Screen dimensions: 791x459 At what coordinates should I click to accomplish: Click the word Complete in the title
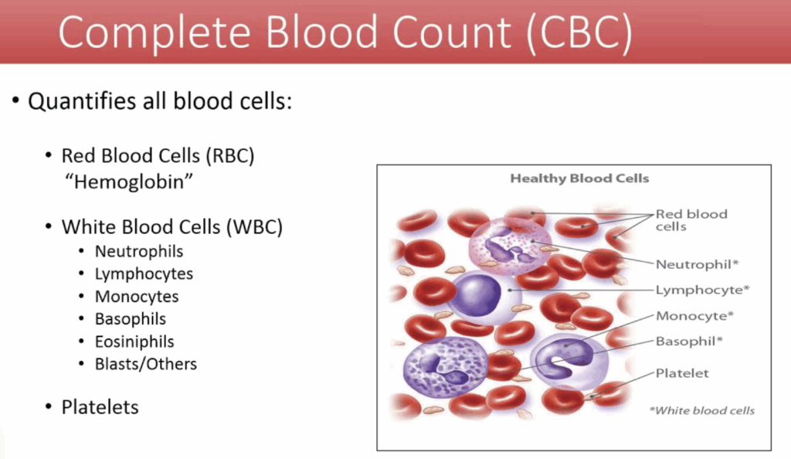point(154,32)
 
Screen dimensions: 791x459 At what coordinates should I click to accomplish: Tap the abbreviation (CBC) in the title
point(579,32)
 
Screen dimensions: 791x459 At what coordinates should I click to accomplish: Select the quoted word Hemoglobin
point(129,182)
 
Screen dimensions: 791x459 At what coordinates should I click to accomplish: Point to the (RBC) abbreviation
point(229,156)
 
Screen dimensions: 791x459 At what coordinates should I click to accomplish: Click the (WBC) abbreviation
point(254,227)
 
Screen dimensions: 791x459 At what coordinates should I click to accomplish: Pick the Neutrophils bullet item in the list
point(139,251)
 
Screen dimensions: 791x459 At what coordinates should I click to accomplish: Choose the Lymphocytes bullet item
point(144,274)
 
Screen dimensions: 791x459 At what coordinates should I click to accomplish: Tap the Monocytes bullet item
point(137,297)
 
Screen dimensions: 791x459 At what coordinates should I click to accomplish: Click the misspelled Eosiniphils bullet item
point(134,342)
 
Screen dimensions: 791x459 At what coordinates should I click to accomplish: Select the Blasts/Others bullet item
point(146,364)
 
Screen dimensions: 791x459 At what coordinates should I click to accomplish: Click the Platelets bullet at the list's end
point(100,407)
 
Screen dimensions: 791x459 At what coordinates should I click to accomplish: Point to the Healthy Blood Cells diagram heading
point(579,178)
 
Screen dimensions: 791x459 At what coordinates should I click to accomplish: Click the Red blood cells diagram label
point(691,220)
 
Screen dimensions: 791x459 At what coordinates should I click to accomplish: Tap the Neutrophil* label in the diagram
point(697,264)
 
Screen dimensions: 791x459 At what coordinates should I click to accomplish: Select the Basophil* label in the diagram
point(689,342)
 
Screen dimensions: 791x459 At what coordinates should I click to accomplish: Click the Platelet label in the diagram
point(682,373)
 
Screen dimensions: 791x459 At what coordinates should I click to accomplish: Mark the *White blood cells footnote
point(701,410)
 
